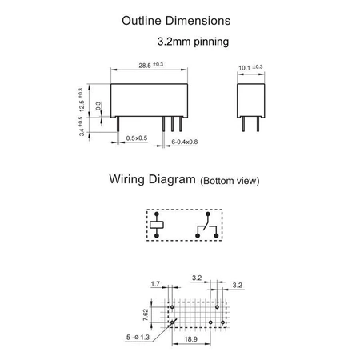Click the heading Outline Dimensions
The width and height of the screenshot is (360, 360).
(x=176, y=21)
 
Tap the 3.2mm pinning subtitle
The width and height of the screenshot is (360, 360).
(x=193, y=42)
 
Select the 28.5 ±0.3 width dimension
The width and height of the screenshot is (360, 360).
(x=150, y=65)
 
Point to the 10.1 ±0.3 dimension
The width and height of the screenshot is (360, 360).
(x=250, y=67)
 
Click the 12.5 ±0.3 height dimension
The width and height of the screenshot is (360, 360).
(x=81, y=100)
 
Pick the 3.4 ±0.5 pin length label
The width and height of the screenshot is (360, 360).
(x=81, y=126)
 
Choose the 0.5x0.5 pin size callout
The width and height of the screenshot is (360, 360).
(x=137, y=138)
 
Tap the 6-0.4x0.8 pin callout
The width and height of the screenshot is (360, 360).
(x=185, y=142)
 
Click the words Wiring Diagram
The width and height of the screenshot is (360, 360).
(x=152, y=179)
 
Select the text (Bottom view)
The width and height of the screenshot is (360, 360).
(x=230, y=181)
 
